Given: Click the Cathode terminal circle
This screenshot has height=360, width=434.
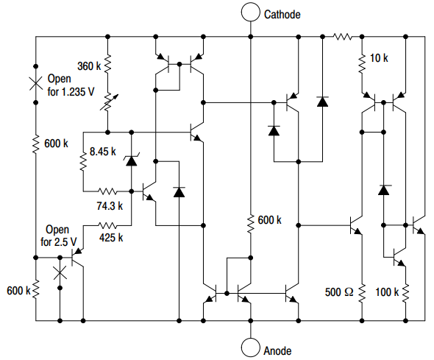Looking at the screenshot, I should pyautogui.click(x=251, y=12).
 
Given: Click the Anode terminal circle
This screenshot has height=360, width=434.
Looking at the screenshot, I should pyautogui.click(x=251, y=348).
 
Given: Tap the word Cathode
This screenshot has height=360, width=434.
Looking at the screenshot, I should pyautogui.click(x=282, y=14).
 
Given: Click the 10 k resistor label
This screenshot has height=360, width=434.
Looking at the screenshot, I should pyautogui.click(x=380, y=58).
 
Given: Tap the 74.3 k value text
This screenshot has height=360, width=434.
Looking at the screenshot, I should pyautogui.click(x=107, y=206).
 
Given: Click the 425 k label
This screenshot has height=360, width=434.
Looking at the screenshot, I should pyautogui.click(x=110, y=237).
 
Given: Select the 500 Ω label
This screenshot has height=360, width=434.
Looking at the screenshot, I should pyautogui.click(x=339, y=292).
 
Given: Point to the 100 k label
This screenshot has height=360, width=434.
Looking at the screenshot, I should pyautogui.click(x=386, y=292).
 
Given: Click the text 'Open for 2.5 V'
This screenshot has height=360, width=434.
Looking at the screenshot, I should pyautogui.click(x=57, y=236).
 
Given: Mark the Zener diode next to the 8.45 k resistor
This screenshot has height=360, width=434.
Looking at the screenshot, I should pyautogui.click(x=132, y=159).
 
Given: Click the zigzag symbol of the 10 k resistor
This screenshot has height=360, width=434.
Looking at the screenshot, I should pyautogui.click(x=362, y=63).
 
